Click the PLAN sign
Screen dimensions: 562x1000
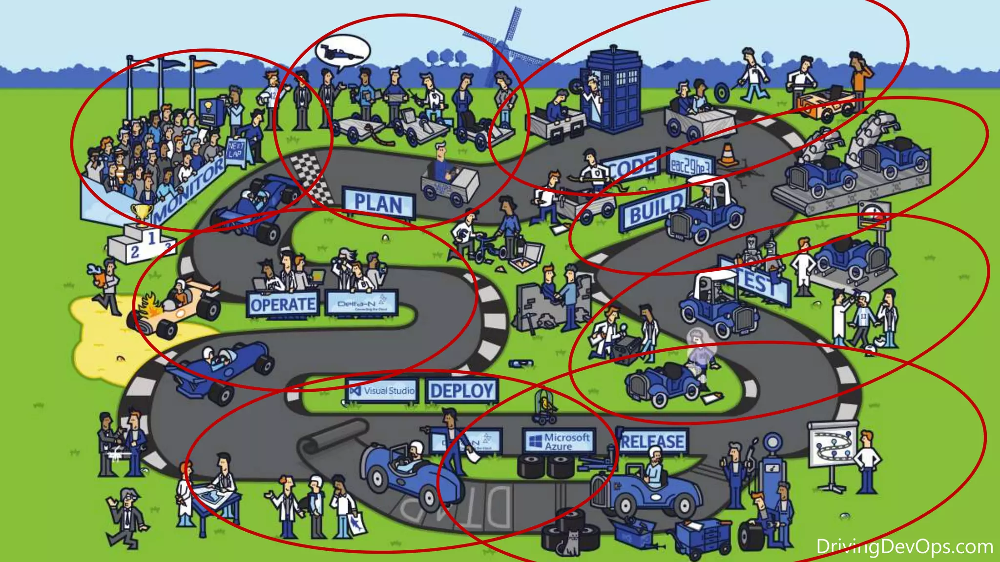coord(379,203)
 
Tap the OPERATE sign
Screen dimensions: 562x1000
coord(283,305)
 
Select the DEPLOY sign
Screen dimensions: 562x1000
coord(462,390)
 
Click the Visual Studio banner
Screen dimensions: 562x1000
coord(383,391)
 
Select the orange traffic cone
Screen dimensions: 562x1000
coord(727,155)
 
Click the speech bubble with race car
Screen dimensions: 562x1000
coord(342,51)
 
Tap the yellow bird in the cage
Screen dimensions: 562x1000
coord(544,403)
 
